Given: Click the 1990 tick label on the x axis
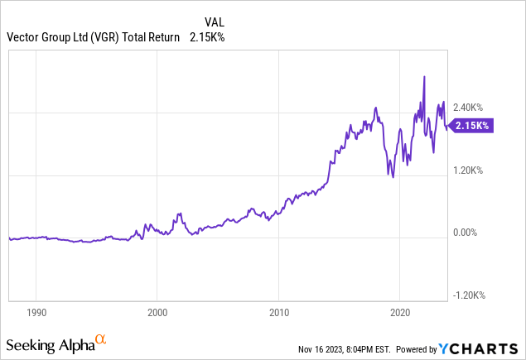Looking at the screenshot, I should pos(36,314).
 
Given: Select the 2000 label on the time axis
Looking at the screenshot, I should pos(157,314).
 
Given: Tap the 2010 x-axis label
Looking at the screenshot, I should pos(279,314).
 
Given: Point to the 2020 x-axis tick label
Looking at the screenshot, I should pos(400,314).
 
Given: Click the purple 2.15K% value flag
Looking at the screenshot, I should pos(471,126).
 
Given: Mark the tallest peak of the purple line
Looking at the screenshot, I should pos(424,76).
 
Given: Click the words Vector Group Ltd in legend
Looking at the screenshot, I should pos(45,36).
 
